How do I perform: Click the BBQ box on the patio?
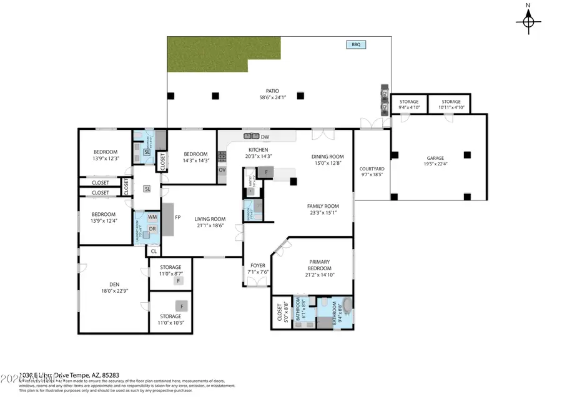click(x=356, y=44)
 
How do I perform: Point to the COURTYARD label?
click(x=372, y=169)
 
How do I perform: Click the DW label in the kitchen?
click(x=265, y=137)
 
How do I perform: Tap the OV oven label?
click(x=222, y=170)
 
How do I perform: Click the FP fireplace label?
click(x=177, y=218)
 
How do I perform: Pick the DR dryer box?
click(x=152, y=229)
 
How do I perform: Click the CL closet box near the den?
click(x=154, y=252)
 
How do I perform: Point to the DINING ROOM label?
click(x=328, y=157)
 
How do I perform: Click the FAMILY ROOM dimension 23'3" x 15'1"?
click(x=322, y=212)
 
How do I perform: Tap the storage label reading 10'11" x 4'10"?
click(x=451, y=107)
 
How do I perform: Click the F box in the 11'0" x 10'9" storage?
click(x=182, y=306)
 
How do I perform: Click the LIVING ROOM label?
click(x=210, y=219)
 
